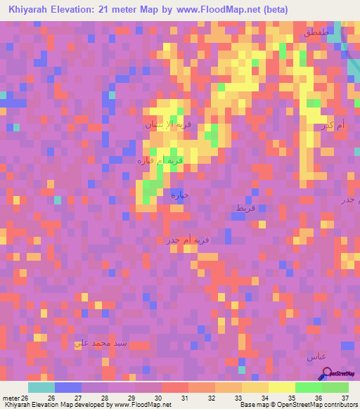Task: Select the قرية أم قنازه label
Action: point(160,160)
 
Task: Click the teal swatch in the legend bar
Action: point(41,387)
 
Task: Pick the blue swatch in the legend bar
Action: point(67,387)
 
